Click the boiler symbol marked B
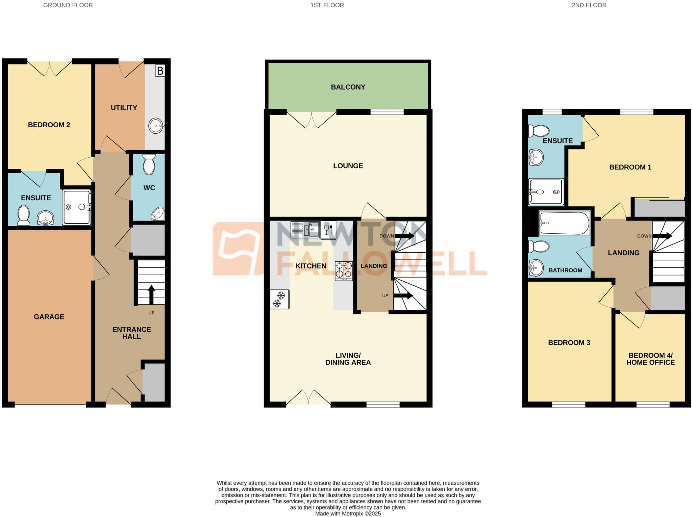coord(160,71)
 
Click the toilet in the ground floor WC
coord(149,164)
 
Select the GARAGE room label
coord(49,317)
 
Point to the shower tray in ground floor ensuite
coord(77,207)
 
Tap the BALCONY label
coord(348,87)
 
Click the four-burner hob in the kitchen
coord(344,271)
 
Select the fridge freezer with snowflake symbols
coord(279,300)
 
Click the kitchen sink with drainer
coord(305,230)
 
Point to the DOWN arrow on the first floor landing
coord(404,236)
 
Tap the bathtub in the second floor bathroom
coord(564,223)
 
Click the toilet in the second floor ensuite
coord(539,131)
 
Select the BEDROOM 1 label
coord(630,167)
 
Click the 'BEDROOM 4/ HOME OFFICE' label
coord(650,359)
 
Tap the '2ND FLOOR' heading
coord(589,5)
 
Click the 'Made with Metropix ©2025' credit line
coord(348,514)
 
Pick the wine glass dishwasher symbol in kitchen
coord(328,230)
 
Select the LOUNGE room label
coord(348,166)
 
